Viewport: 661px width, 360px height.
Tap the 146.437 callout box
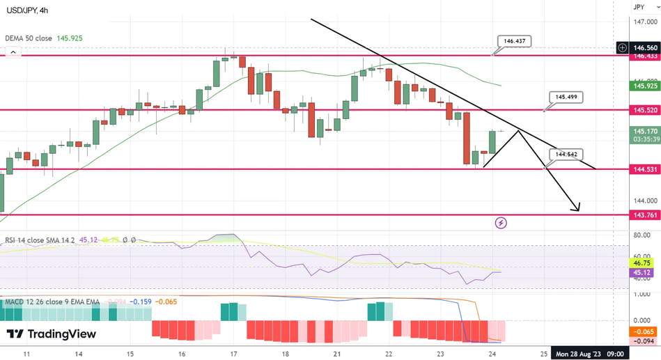coord(514,42)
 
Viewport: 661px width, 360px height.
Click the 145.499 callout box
coord(565,97)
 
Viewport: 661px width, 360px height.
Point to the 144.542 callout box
coord(565,154)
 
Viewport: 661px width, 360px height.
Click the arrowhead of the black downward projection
coord(577,208)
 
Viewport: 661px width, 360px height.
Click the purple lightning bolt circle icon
coord(501,223)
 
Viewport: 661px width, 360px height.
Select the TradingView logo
coord(51,334)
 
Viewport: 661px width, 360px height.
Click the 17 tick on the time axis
coord(234,354)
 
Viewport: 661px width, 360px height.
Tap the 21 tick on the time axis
coord(337,354)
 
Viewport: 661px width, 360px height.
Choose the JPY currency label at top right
coord(639,7)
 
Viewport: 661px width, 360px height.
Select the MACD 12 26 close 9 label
coord(52,302)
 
